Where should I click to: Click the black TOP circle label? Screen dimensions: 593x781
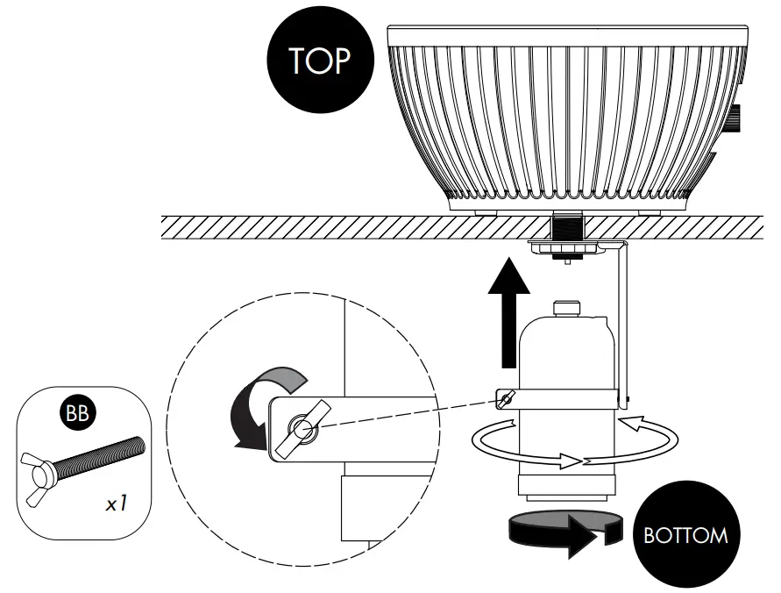click(x=319, y=61)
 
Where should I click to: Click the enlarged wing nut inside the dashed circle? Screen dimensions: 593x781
click(x=302, y=427)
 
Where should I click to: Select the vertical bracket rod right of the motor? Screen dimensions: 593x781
click(x=626, y=325)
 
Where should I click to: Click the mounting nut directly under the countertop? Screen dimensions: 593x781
click(x=566, y=249)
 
